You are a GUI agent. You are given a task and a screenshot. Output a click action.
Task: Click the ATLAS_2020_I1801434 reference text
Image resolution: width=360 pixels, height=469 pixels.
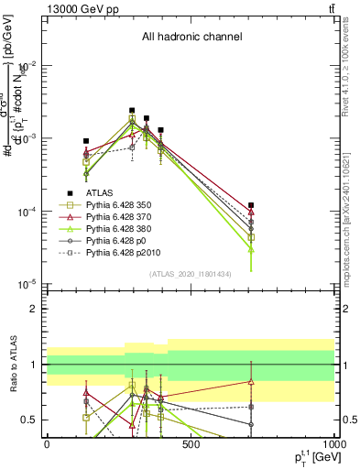click(191, 274)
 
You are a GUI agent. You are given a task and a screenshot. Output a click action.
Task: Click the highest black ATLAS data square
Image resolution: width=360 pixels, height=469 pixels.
click(132, 110)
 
